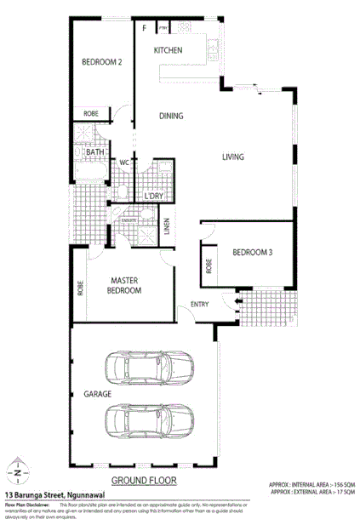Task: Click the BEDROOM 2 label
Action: click(x=102, y=62)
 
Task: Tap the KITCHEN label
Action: click(x=168, y=51)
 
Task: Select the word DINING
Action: click(x=173, y=116)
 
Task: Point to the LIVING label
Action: click(x=233, y=157)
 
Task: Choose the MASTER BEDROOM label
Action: click(x=123, y=285)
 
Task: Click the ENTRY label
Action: click(x=200, y=304)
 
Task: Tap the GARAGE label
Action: click(x=96, y=395)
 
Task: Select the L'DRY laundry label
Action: click(x=154, y=196)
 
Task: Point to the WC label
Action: click(x=123, y=162)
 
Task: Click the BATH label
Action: click(x=94, y=152)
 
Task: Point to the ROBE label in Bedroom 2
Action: click(x=91, y=113)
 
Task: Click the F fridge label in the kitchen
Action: click(x=145, y=28)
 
